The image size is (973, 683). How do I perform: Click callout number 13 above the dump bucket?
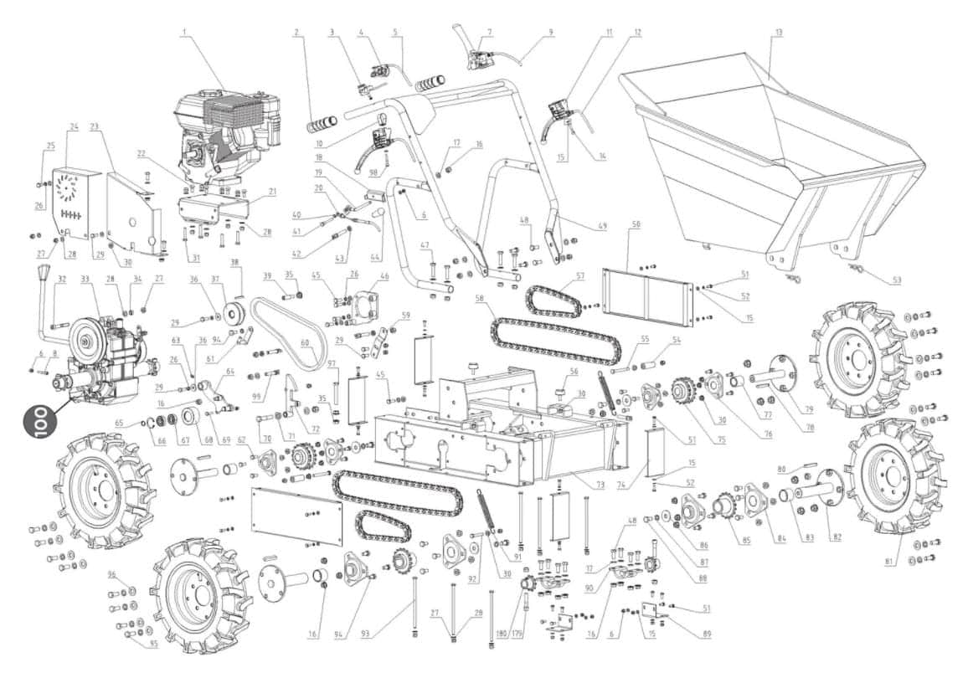pos(779,32)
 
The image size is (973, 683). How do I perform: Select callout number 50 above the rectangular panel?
pos(636,225)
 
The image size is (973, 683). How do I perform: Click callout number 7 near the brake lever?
pos(491,32)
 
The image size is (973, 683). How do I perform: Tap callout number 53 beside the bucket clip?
pos(896,280)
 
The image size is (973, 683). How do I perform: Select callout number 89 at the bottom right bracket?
pos(708,634)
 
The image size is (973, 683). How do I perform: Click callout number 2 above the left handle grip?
pos(296,32)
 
